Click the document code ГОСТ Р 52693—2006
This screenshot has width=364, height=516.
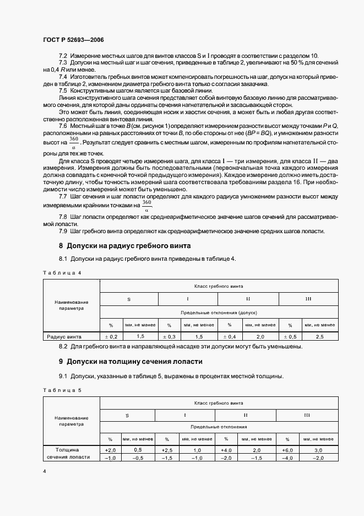(x=73, y=40)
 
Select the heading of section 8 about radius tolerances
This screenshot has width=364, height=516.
(x=129, y=245)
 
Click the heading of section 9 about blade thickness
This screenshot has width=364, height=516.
(x=131, y=362)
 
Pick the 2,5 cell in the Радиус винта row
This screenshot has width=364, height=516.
(x=319, y=336)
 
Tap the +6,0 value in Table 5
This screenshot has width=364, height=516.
(x=287, y=450)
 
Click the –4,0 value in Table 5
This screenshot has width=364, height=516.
(x=287, y=458)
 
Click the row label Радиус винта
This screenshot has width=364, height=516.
(x=64, y=336)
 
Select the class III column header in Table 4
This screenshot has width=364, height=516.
(x=308, y=298)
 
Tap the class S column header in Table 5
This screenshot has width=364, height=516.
(x=128, y=415)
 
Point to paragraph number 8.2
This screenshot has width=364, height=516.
(x=63, y=346)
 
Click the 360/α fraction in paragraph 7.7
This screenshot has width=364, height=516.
(x=146, y=205)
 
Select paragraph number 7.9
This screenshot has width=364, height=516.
(x=63, y=230)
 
